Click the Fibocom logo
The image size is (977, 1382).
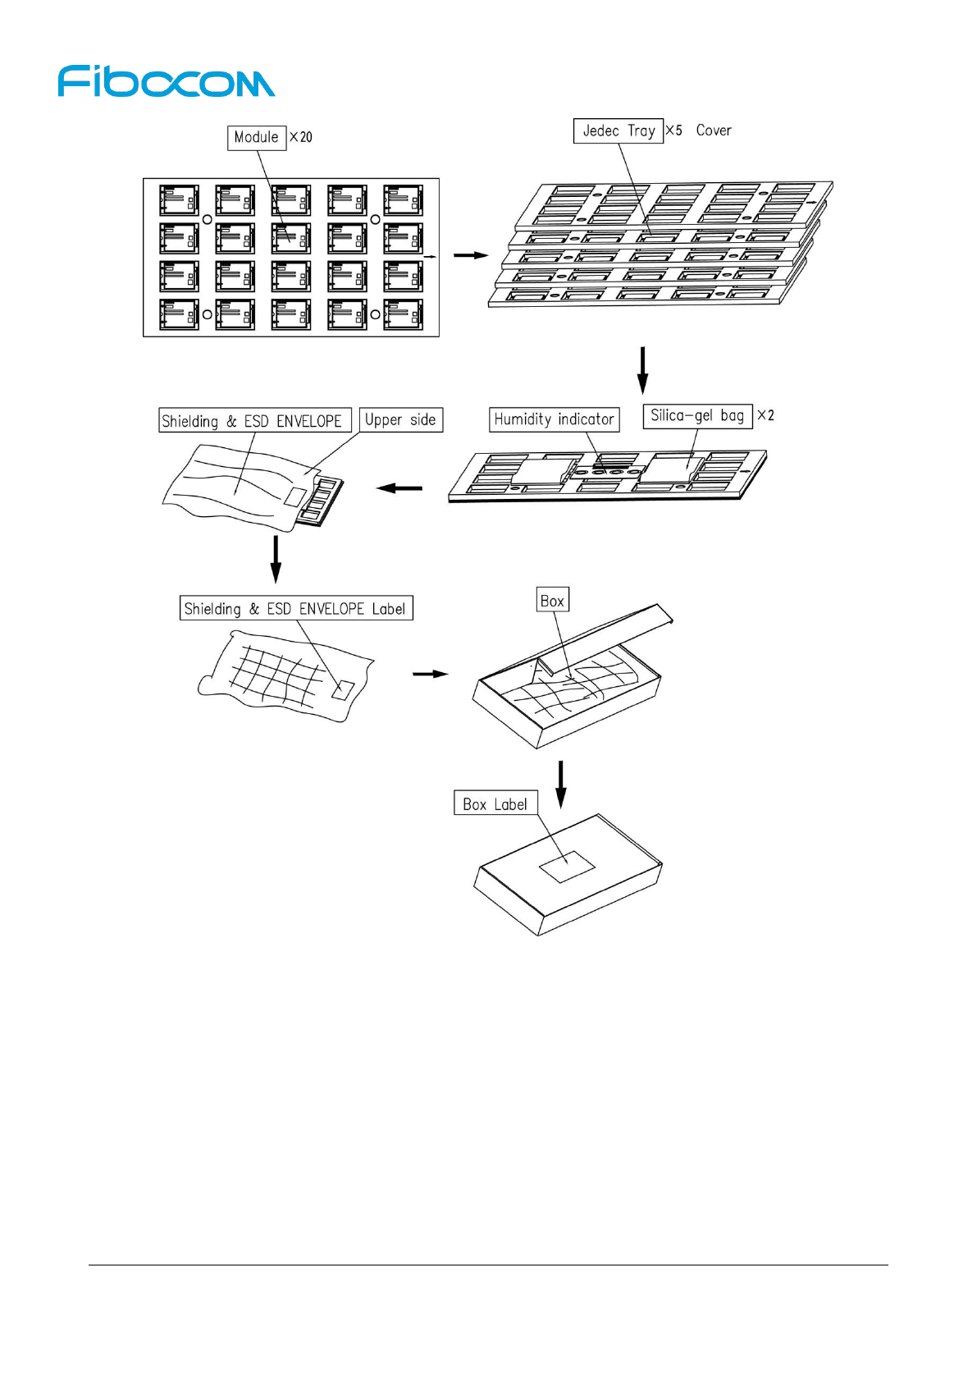point(166,81)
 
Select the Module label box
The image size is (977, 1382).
point(256,138)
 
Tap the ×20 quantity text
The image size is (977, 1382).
point(301,137)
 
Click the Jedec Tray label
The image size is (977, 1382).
point(618,130)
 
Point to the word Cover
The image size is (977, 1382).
point(714,130)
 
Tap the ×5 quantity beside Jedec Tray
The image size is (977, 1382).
point(673,130)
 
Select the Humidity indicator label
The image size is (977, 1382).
point(554,419)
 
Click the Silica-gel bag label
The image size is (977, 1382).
point(697,416)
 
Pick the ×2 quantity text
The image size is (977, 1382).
point(765,415)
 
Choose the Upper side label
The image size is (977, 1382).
point(400,420)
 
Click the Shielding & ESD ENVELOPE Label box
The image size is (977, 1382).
point(295,608)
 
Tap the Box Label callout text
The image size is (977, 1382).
point(495,804)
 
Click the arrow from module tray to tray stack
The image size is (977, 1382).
point(470,255)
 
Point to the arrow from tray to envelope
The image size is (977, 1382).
point(399,488)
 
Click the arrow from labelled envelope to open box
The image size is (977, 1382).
point(430,674)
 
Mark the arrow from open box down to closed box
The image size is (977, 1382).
point(560,784)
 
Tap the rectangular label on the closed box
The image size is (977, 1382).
point(566,867)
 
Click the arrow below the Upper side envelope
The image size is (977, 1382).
point(276,559)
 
